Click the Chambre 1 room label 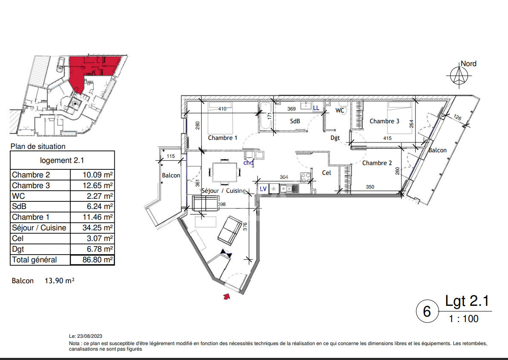coord(222,138)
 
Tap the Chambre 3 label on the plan coord(384,121)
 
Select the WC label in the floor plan coord(340,110)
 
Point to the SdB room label coord(295,121)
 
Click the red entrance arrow coord(227,296)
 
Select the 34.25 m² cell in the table coord(98,228)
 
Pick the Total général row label coord(35,260)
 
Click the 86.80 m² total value coord(98,260)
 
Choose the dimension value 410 coord(222,109)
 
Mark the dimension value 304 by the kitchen coord(284,177)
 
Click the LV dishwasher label coord(263,189)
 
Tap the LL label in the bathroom coord(316,108)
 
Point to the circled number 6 coord(427,311)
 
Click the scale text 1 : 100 coord(464,319)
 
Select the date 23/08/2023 coord(89,336)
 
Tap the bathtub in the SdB coord(266,116)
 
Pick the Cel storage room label coord(326,173)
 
